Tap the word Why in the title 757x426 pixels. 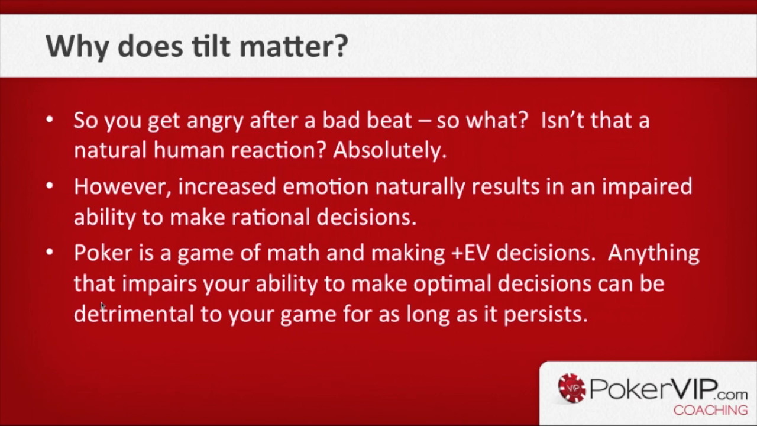(76, 46)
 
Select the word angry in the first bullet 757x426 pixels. (215, 121)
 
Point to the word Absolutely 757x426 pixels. (389, 150)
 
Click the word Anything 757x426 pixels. (653, 253)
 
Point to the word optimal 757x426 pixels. (452, 283)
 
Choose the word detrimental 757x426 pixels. (133, 314)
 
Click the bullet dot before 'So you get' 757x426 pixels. (50, 120)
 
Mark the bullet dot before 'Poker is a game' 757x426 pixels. (50, 253)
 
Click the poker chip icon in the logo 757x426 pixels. (571, 388)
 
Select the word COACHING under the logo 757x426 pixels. (710, 410)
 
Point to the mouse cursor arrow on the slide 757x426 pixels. (102, 306)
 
